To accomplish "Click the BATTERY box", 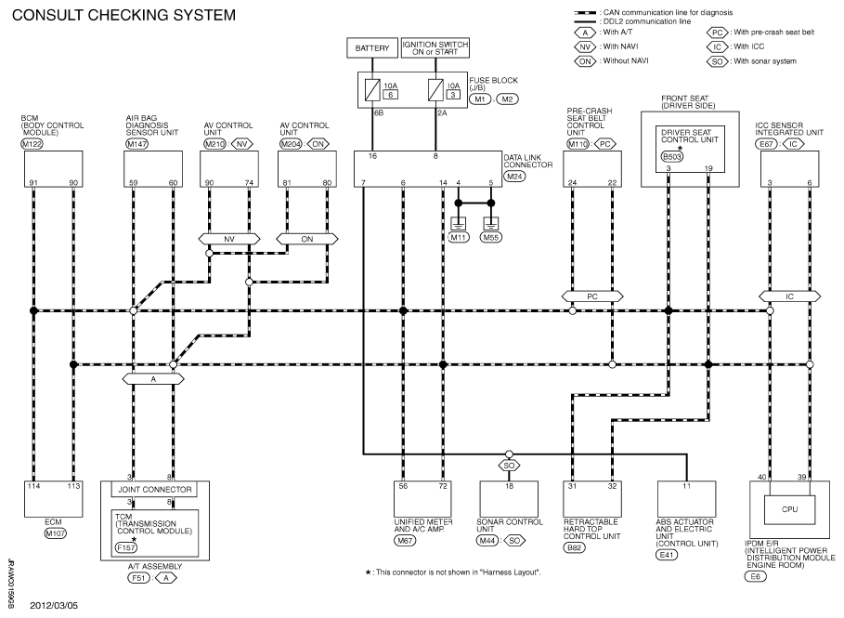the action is pyautogui.click(x=372, y=48).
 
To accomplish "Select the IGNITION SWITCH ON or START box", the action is pyautogui.click(x=435, y=48).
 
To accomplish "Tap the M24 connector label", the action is pyautogui.click(x=514, y=177).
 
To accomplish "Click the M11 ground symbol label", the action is pyautogui.click(x=458, y=238).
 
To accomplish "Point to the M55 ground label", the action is pyautogui.click(x=491, y=238).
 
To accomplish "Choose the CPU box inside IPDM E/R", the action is pyautogui.click(x=789, y=509).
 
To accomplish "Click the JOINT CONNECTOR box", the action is pyautogui.click(x=154, y=490).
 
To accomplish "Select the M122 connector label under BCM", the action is pyautogui.click(x=32, y=144).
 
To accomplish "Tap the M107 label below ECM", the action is pyautogui.click(x=56, y=534).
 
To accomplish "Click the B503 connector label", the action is pyautogui.click(x=671, y=157).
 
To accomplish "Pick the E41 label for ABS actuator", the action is pyautogui.click(x=667, y=555).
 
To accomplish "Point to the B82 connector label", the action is pyautogui.click(x=575, y=548).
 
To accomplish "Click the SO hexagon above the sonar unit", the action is pyautogui.click(x=509, y=466).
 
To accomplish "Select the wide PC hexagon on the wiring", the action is pyautogui.click(x=592, y=296).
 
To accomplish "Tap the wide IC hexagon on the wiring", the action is pyautogui.click(x=789, y=296).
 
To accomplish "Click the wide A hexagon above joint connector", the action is pyautogui.click(x=153, y=379).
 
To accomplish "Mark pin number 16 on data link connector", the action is pyautogui.click(x=372, y=156).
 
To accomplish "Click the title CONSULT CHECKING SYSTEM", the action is pyautogui.click(x=123, y=15).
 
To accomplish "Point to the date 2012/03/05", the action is pyautogui.click(x=54, y=606).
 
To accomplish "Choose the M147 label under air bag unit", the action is pyautogui.click(x=136, y=144).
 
